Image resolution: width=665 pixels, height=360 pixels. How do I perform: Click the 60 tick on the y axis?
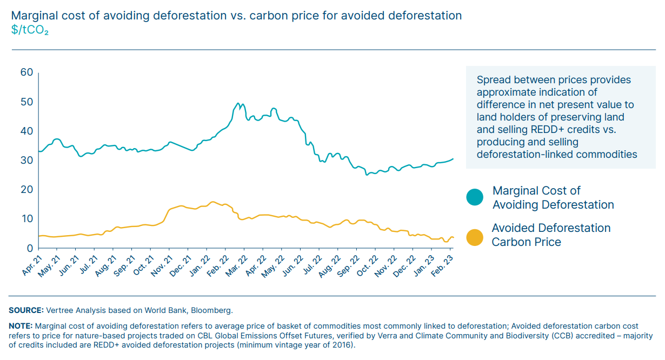pyautogui.click(x=26, y=72)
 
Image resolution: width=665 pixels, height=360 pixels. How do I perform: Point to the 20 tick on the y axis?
pyautogui.click(x=26, y=190)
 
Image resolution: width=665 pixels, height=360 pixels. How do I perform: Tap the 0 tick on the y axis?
pyautogui.click(x=30, y=249)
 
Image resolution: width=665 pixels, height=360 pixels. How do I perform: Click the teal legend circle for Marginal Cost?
pyautogui.click(x=475, y=197)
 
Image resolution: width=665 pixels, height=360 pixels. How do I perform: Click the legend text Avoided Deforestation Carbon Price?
pyautogui.click(x=550, y=235)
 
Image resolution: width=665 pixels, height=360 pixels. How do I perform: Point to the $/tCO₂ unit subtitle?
pyautogui.click(x=30, y=30)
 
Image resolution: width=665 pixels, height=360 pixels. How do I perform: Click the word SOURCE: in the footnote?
pyautogui.click(x=26, y=310)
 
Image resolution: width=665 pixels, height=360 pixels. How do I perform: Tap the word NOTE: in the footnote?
pyautogui.click(x=21, y=326)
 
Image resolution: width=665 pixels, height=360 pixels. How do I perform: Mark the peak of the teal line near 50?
pyautogui.click(x=238, y=103)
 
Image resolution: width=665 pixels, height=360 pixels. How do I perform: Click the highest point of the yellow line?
pyautogui.click(x=213, y=202)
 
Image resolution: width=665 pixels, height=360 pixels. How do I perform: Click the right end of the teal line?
pyautogui.click(x=453, y=159)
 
